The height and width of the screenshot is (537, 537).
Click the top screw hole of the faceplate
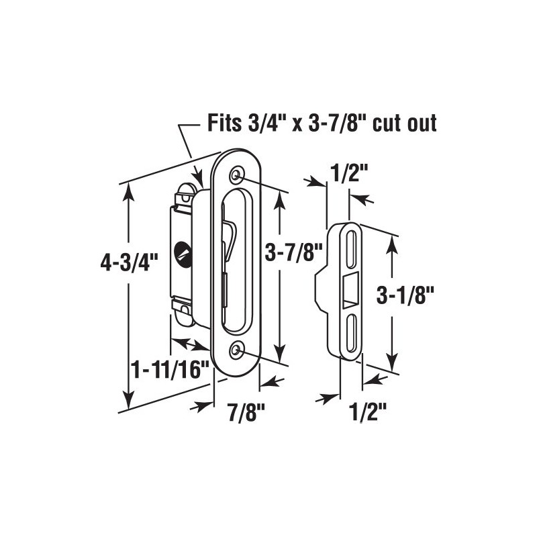(236, 175)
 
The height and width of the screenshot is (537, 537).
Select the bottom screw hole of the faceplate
(236, 350)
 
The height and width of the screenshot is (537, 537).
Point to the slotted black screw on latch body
(181, 253)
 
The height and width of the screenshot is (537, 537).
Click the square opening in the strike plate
(350, 291)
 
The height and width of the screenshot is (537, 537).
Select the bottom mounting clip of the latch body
(183, 308)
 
